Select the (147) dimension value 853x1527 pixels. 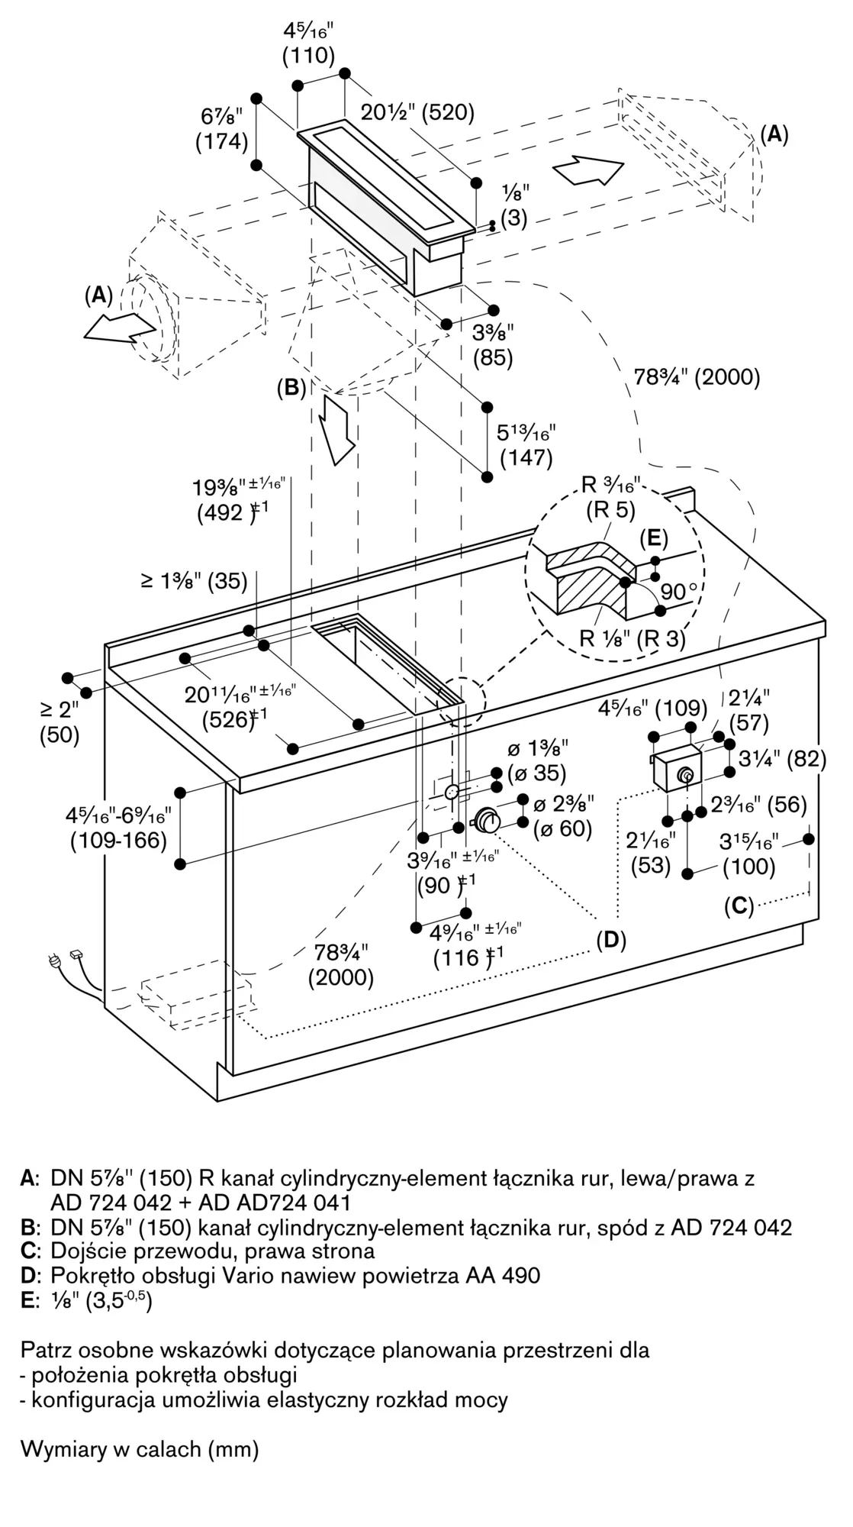tap(526, 457)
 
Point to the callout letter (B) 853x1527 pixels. tap(291, 388)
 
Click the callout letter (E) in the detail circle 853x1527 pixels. tap(654, 538)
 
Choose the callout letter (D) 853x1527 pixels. tap(611, 940)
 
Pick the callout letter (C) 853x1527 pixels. tap(739, 906)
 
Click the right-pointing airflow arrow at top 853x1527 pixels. tap(587, 169)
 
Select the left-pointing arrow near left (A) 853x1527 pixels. tap(120, 328)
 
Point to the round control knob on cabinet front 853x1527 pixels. tap(487, 821)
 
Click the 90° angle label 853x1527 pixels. tap(678, 592)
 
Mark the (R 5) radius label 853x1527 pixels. tap(610, 510)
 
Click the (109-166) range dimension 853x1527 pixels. tap(118, 841)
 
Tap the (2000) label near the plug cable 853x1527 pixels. tap(341, 977)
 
